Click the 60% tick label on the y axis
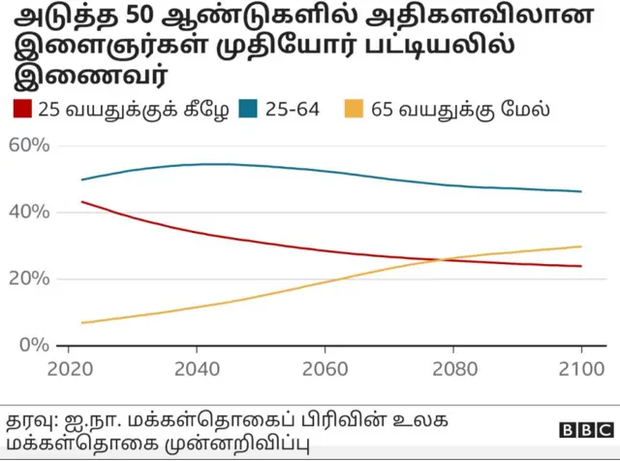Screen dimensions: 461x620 pyautogui.click(x=27, y=146)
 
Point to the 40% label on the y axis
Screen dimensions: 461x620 pyautogui.click(x=27, y=213)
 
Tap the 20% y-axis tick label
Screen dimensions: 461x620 pyautogui.click(x=27, y=279)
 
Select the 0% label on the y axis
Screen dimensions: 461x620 pyautogui.click(x=32, y=346)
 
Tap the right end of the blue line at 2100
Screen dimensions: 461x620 pyautogui.click(x=581, y=191)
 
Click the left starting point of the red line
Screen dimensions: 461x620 pyautogui.click(x=81, y=202)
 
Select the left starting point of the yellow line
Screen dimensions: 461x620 pyautogui.click(x=81, y=322)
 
